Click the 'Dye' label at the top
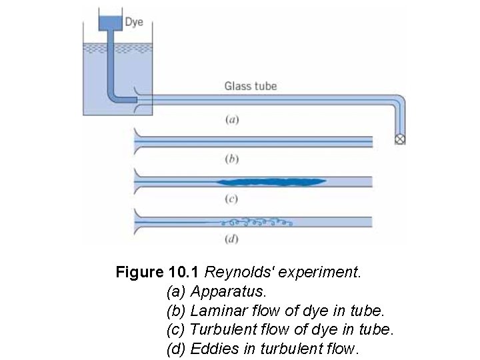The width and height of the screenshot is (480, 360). [x=134, y=22]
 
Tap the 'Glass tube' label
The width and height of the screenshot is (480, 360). [x=250, y=86]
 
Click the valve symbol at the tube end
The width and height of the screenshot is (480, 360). [x=401, y=139]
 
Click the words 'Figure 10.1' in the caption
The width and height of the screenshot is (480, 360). [x=157, y=273]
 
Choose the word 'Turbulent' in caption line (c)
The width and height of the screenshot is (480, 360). [x=221, y=329]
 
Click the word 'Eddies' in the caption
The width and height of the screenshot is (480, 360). [x=212, y=348]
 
